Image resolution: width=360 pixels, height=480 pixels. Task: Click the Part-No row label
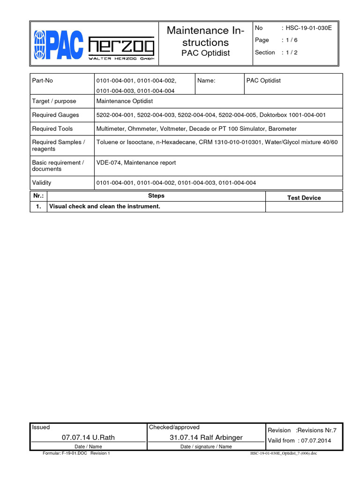[42, 81]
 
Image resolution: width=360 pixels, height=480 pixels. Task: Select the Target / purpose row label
[54, 101]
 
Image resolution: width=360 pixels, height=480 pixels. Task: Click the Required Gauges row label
[55, 115]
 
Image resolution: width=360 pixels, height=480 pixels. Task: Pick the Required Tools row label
[52, 128]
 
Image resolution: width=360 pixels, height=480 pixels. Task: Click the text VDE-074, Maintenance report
[136, 163]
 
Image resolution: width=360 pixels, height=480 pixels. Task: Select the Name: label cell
[206, 81]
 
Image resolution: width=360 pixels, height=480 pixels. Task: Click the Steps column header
[156, 196]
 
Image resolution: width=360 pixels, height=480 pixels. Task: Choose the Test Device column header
[304, 198]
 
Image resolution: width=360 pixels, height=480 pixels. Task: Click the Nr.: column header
[38, 196]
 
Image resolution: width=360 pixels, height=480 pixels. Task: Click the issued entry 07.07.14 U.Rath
[88, 437]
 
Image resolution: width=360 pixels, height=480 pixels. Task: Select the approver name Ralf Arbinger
[219, 437]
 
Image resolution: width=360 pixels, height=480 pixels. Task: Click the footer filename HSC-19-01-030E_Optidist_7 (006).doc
[285, 454]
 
